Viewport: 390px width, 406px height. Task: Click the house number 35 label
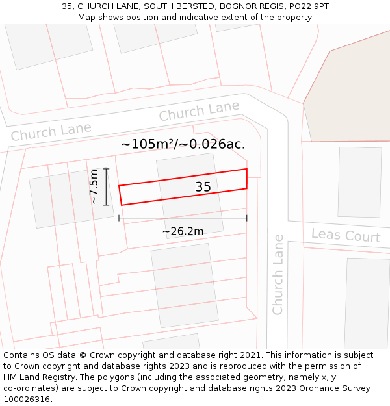(x=203, y=187)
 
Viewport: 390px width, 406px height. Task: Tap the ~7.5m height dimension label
(x=94, y=187)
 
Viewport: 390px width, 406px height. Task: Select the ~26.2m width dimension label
(x=183, y=231)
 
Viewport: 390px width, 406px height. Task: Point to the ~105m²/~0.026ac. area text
(x=183, y=144)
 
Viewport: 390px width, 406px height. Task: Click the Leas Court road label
(x=345, y=235)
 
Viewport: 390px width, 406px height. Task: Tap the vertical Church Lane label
(x=278, y=275)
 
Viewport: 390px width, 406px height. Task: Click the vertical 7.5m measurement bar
(x=107, y=187)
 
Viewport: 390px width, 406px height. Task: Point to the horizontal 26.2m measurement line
(x=183, y=218)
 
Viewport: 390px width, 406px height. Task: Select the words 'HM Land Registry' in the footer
(x=37, y=377)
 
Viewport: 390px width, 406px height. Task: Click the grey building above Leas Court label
(x=359, y=182)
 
